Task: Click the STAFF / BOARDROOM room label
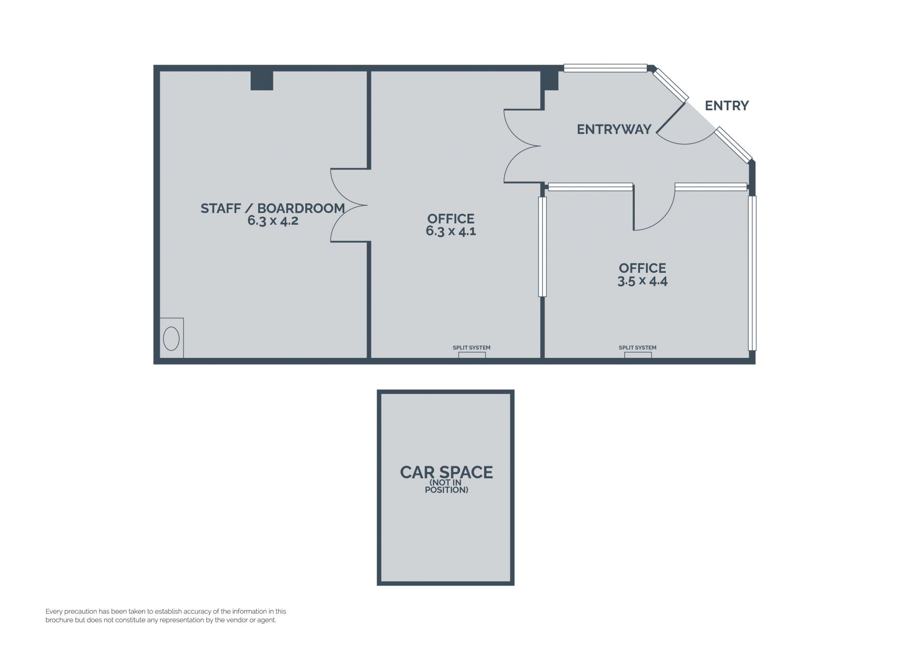(x=272, y=208)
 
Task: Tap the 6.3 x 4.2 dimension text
(x=272, y=221)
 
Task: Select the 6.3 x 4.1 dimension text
(x=451, y=231)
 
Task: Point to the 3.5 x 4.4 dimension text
(x=642, y=281)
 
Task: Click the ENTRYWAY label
(x=614, y=129)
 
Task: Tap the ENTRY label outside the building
(x=727, y=106)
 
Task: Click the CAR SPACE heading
(x=446, y=472)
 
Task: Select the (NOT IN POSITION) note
(x=446, y=486)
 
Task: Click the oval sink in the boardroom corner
(x=171, y=339)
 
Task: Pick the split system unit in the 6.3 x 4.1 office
(x=472, y=355)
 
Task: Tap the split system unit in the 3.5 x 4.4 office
(x=638, y=355)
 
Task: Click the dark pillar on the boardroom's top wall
(x=262, y=80)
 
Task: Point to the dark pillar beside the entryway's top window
(x=551, y=80)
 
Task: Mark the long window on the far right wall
(x=752, y=273)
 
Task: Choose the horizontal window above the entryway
(x=605, y=68)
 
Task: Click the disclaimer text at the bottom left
(x=165, y=616)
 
